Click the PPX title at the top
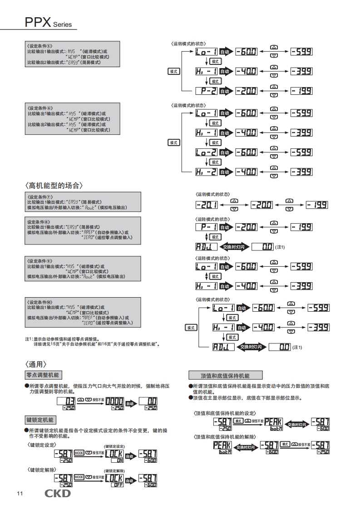point(38,22)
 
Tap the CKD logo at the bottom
point(57,493)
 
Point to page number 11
point(20,494)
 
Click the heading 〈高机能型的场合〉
point(54,186)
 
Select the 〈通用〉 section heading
point(36,364)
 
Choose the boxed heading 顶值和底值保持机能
point(225,376)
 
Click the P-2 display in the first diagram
point(206,91)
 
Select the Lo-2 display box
point(206,152)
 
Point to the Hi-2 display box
point(206,172)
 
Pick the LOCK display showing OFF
point(114,480)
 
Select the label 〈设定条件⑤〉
point(40,46)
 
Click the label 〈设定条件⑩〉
point(40,302)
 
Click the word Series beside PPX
point(62,25)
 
